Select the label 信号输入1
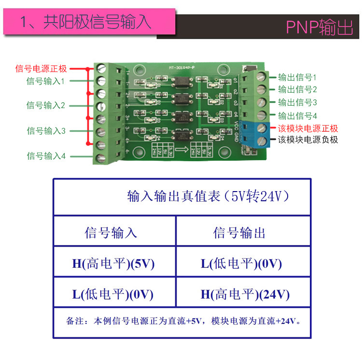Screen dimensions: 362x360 pyautogui.click(x=45, y=81)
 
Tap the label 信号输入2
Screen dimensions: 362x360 pyautogui.click(x=45, y=105)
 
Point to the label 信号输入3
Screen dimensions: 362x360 pyautogui.click(x=46, y=131)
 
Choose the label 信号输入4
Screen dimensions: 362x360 pyautogui.click(x=46, y=156)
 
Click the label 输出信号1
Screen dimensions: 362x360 pyautogui.click(x=297, y=77)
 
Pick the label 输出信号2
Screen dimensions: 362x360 pyautogui.click(x=297, y=89)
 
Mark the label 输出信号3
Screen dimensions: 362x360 pyautogui.click(x=297, y=102)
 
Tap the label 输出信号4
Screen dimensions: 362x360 pyautogui.click(x=297, y=116)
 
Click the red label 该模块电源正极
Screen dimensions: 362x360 pyautogui.click(x=308, y=128)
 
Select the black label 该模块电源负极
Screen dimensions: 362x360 pyautogui.click(x=308, y=140)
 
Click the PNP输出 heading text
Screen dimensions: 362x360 pyautogui.click(x=320, y=28)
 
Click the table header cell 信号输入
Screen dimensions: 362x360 pyautogui.click(x=111, y=233)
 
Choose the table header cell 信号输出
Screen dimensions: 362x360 pyautogui.click(x=239, y=233)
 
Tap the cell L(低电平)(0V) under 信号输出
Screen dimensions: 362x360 pyautogui.click(x=241, y=264)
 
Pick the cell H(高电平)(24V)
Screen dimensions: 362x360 pyautogui.click(x=245, y=294)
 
